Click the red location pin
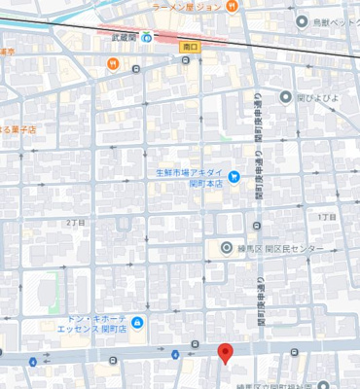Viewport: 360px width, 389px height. tap(225, 353)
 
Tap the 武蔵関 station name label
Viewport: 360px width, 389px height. tap(124, 38)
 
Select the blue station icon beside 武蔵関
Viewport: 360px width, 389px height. tap(147, 38)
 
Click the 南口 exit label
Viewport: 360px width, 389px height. tap(190, 46)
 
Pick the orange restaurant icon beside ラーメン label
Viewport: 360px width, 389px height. tap(232, 7)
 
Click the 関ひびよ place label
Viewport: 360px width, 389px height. tap(316, 96)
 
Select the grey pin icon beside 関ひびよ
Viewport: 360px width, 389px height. tap(286, 96)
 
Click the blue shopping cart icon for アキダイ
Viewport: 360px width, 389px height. tap(234, 176)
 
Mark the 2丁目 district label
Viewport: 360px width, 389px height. tap(76, 223)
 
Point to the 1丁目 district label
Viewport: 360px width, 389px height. tap(328, 217)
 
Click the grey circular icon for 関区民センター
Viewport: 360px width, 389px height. tap(227, 249)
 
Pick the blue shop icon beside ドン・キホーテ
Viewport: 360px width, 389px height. tap(138, 323)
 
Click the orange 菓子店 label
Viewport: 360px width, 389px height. tap(18, 128)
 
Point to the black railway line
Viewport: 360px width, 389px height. tap(292, 47)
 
